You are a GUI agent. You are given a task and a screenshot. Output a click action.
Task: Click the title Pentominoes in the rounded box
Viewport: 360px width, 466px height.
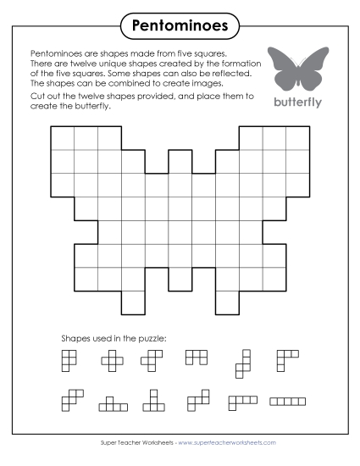[180, 26]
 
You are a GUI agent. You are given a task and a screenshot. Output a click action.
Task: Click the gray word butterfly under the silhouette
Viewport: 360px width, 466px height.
[298, 101]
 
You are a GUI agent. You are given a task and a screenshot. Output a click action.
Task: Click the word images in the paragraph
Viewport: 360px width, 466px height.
[204, 83]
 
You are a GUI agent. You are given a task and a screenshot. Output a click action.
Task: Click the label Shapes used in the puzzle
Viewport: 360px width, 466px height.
[114, 338]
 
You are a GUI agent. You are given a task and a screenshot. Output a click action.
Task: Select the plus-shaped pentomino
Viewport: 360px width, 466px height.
[112, 362]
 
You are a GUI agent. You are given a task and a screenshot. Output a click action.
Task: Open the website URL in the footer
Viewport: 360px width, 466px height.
[227, 442]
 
